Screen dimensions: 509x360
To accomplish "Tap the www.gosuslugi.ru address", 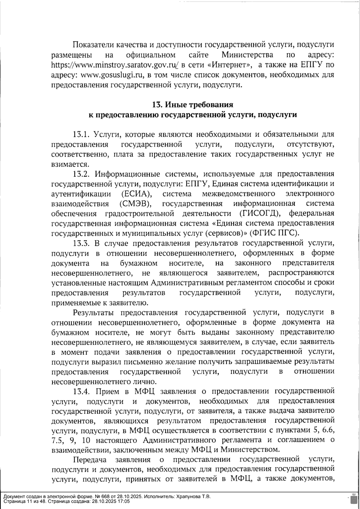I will point(109,75).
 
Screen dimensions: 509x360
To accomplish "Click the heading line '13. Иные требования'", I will point(193,105).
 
